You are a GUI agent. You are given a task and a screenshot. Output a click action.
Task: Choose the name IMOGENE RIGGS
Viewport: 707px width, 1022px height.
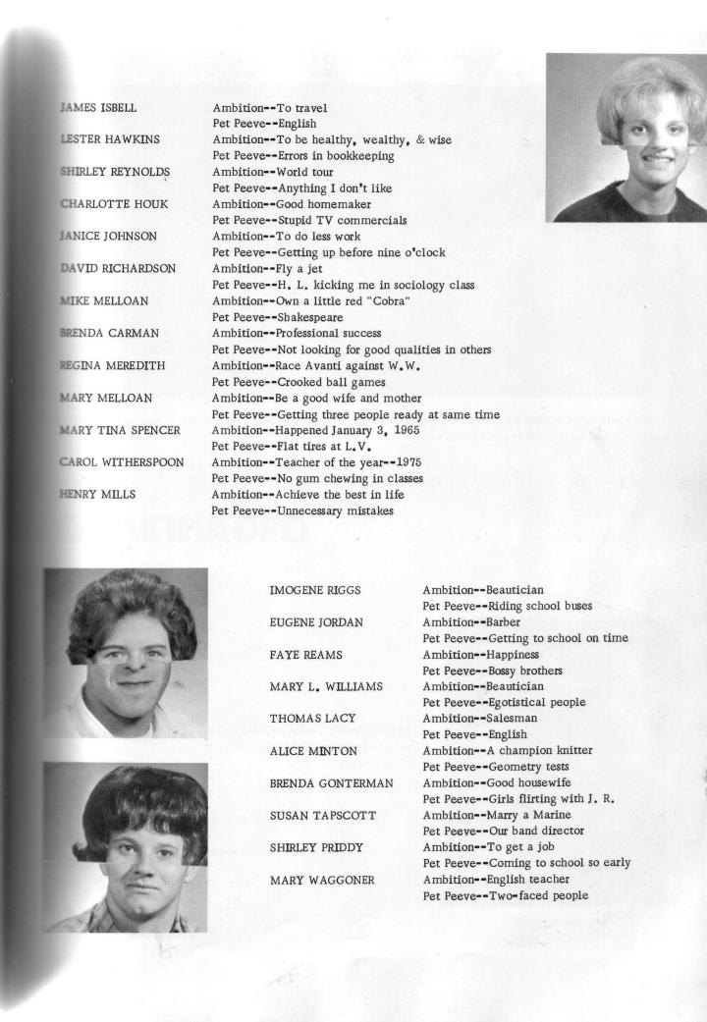pos(314,591)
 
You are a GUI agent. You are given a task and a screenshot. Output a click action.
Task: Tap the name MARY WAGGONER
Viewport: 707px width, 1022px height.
pos(321,880)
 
